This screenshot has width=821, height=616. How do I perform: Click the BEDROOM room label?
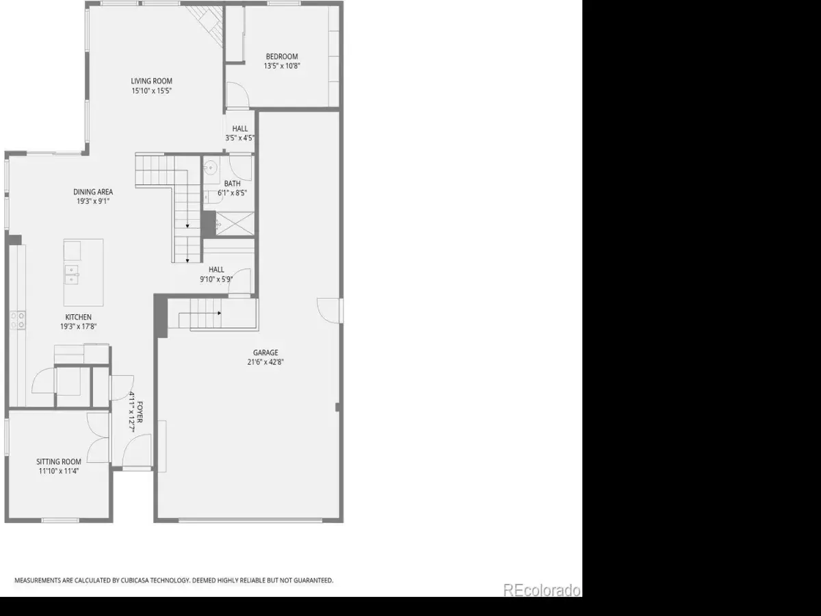282,57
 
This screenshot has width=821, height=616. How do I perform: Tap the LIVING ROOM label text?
151,81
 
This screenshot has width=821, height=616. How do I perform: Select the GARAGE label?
265,352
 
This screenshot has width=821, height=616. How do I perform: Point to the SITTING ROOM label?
59,461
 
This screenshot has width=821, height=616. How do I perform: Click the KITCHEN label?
78,317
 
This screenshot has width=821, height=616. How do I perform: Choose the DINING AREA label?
93,192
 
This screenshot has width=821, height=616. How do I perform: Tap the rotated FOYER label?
140,412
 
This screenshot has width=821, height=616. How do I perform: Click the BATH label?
232,183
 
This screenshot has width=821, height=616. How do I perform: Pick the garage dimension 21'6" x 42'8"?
265,362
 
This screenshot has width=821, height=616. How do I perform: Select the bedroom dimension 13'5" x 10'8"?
282,66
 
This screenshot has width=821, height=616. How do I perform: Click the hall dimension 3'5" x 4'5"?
239,138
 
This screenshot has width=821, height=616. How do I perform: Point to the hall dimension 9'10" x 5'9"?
216,279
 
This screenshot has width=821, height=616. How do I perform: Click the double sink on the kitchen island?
71,275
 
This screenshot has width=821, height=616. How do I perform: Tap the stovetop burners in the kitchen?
18,320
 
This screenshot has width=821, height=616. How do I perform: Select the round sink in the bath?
211,168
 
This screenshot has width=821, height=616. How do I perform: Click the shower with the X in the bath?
235,224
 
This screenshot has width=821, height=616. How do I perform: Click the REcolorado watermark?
542,590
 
